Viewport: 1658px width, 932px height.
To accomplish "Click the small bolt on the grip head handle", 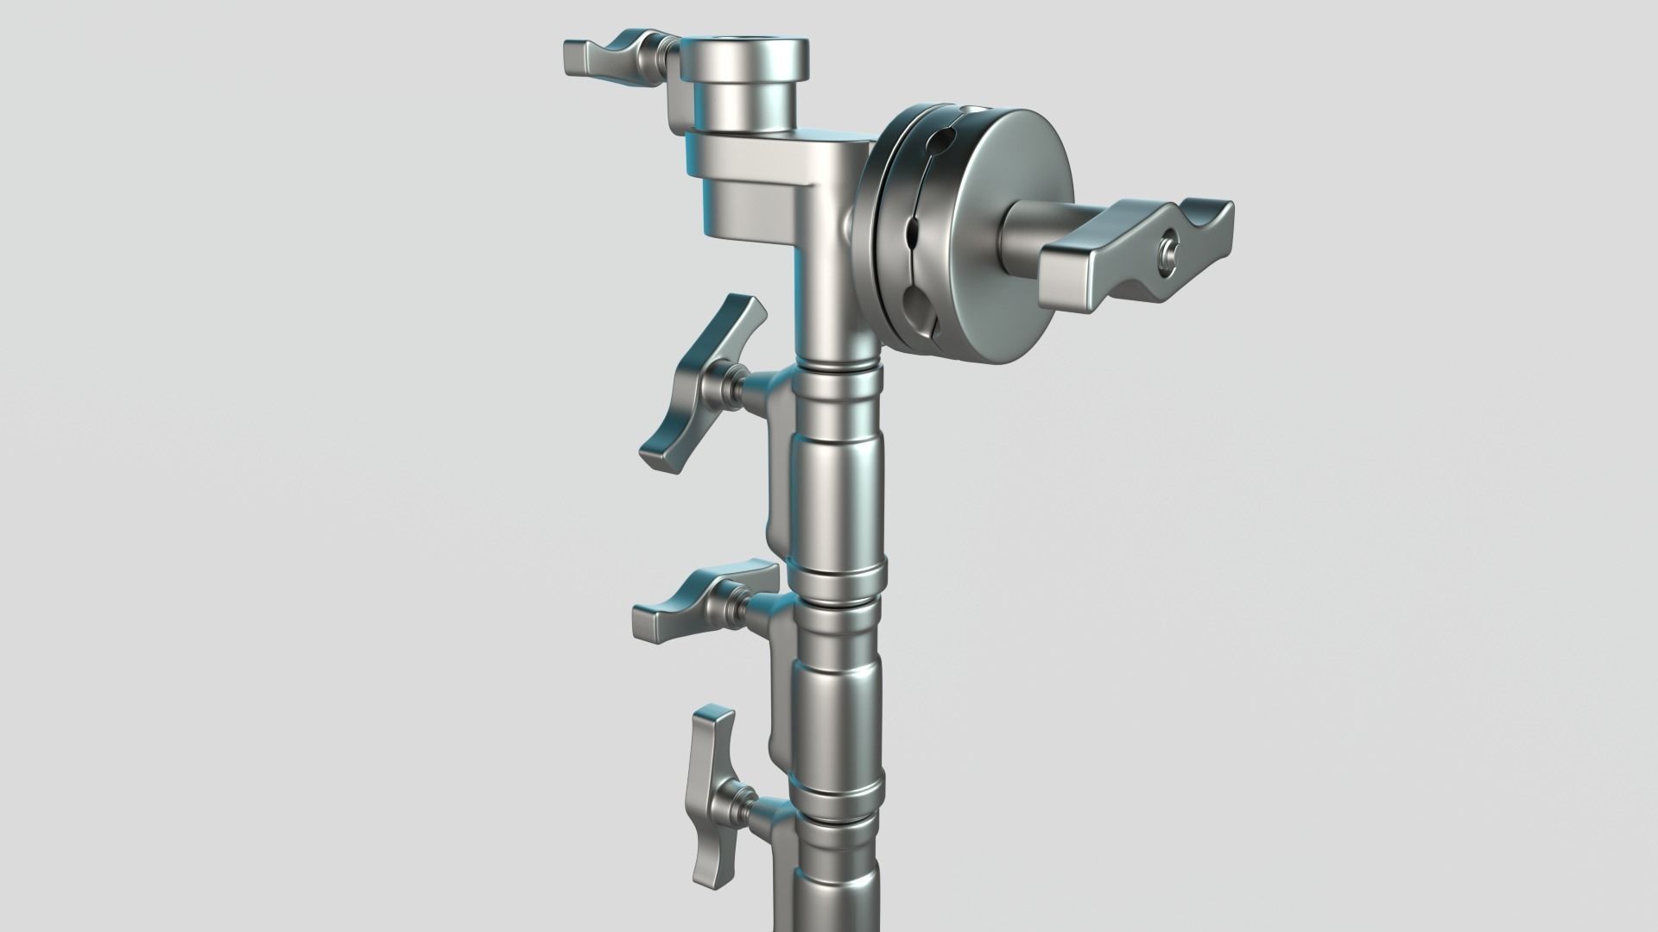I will click(x=1168, y=252).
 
